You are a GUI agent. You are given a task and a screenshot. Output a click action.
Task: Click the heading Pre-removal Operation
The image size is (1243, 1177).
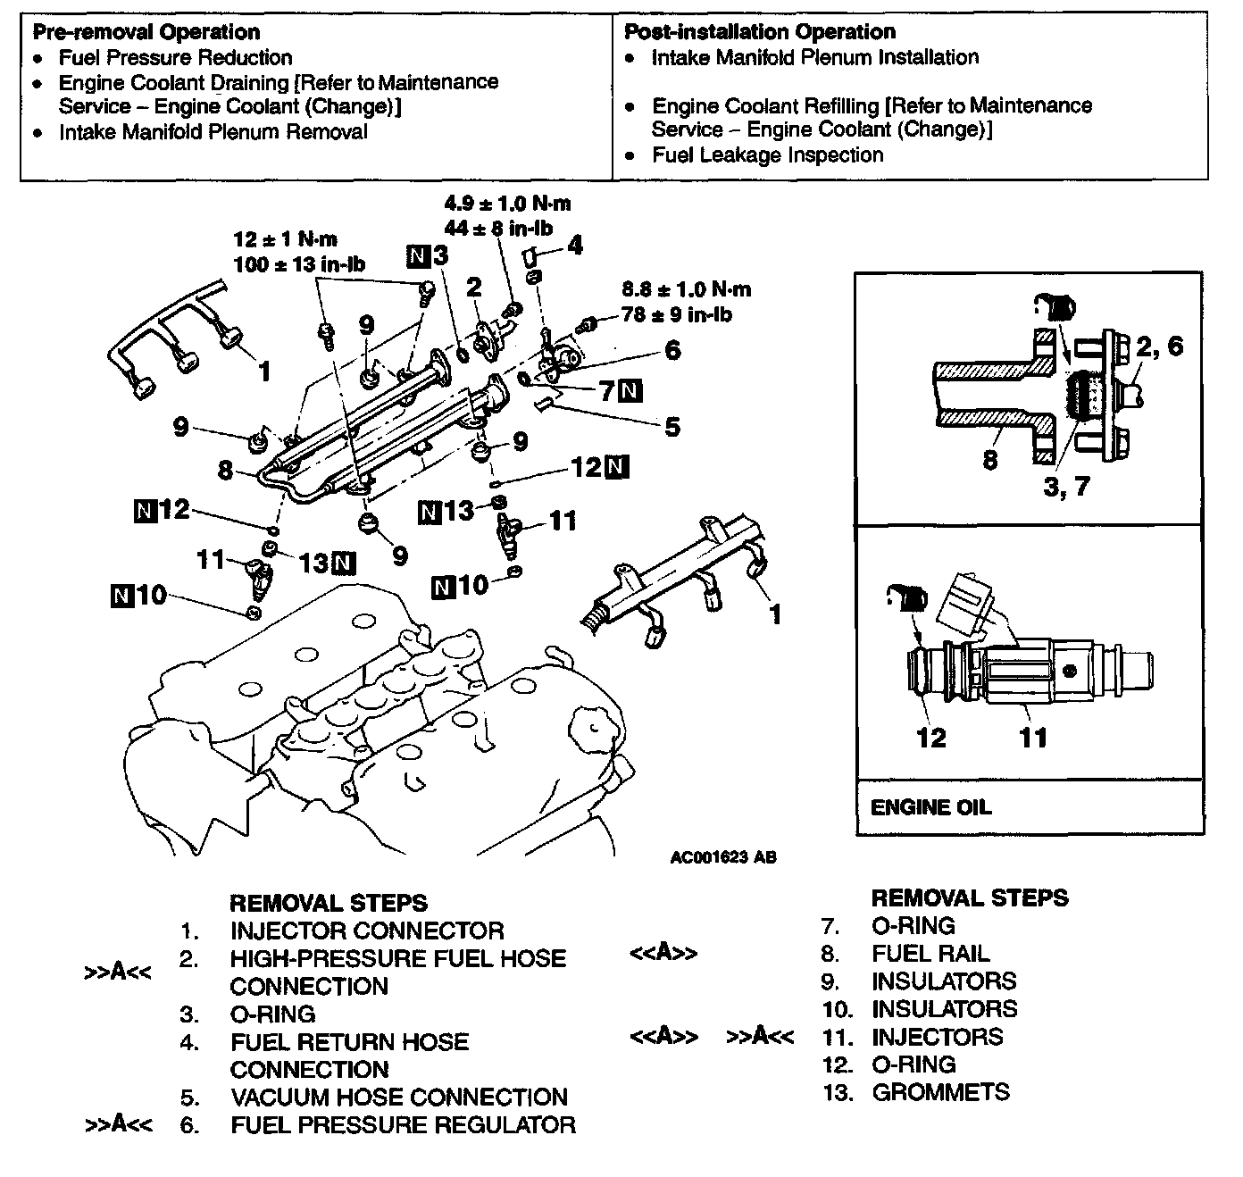pyautogui.click(x=146, y=33)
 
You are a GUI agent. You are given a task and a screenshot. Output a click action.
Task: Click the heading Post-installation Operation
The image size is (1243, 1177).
pyautogui.click(x=759, y=33)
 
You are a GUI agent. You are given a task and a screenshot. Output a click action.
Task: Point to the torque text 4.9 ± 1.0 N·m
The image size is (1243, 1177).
pyautogui.click(x=507, y=203)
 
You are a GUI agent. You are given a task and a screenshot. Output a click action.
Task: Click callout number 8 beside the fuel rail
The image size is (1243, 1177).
pyautogui.click(x=226, y=469)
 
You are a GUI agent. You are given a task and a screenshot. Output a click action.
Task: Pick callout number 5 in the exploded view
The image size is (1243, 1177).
pyautogui.click(x=672, y=427)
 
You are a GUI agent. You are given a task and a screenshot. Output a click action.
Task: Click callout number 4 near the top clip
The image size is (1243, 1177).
pyautogui.click(x=576, y=244)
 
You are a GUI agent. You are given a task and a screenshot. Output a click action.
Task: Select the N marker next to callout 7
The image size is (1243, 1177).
pyautogui.click(x=631, y=390)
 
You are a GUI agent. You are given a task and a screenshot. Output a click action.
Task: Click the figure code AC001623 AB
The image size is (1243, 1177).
pyautogui.click(x=723, y=857)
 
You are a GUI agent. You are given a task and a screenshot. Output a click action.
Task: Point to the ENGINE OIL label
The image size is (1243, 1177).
pyautogui.click(x=930, y=807)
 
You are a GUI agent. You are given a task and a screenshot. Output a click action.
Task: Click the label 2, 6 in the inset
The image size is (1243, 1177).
pyautogui.click(x=1158, y=346)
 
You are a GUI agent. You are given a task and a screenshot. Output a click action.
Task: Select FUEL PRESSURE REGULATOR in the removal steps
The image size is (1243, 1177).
pyautogui.click(x=403, y=1125)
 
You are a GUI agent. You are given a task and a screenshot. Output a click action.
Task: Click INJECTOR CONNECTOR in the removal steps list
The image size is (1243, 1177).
pyautogui.click(x=367, y=931)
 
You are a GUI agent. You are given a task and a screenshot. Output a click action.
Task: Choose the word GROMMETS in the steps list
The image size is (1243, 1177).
pyautogui.click(x=940, y=1092)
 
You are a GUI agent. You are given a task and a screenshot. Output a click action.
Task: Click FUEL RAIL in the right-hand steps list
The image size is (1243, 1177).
pyautogui.click(x=930, y=954)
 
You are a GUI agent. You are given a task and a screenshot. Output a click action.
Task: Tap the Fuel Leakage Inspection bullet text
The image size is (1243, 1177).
pyautogui.click(x=767, y=155)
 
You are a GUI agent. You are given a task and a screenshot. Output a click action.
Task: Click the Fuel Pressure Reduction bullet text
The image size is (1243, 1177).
pyautogui.click(x=176, y=58)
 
